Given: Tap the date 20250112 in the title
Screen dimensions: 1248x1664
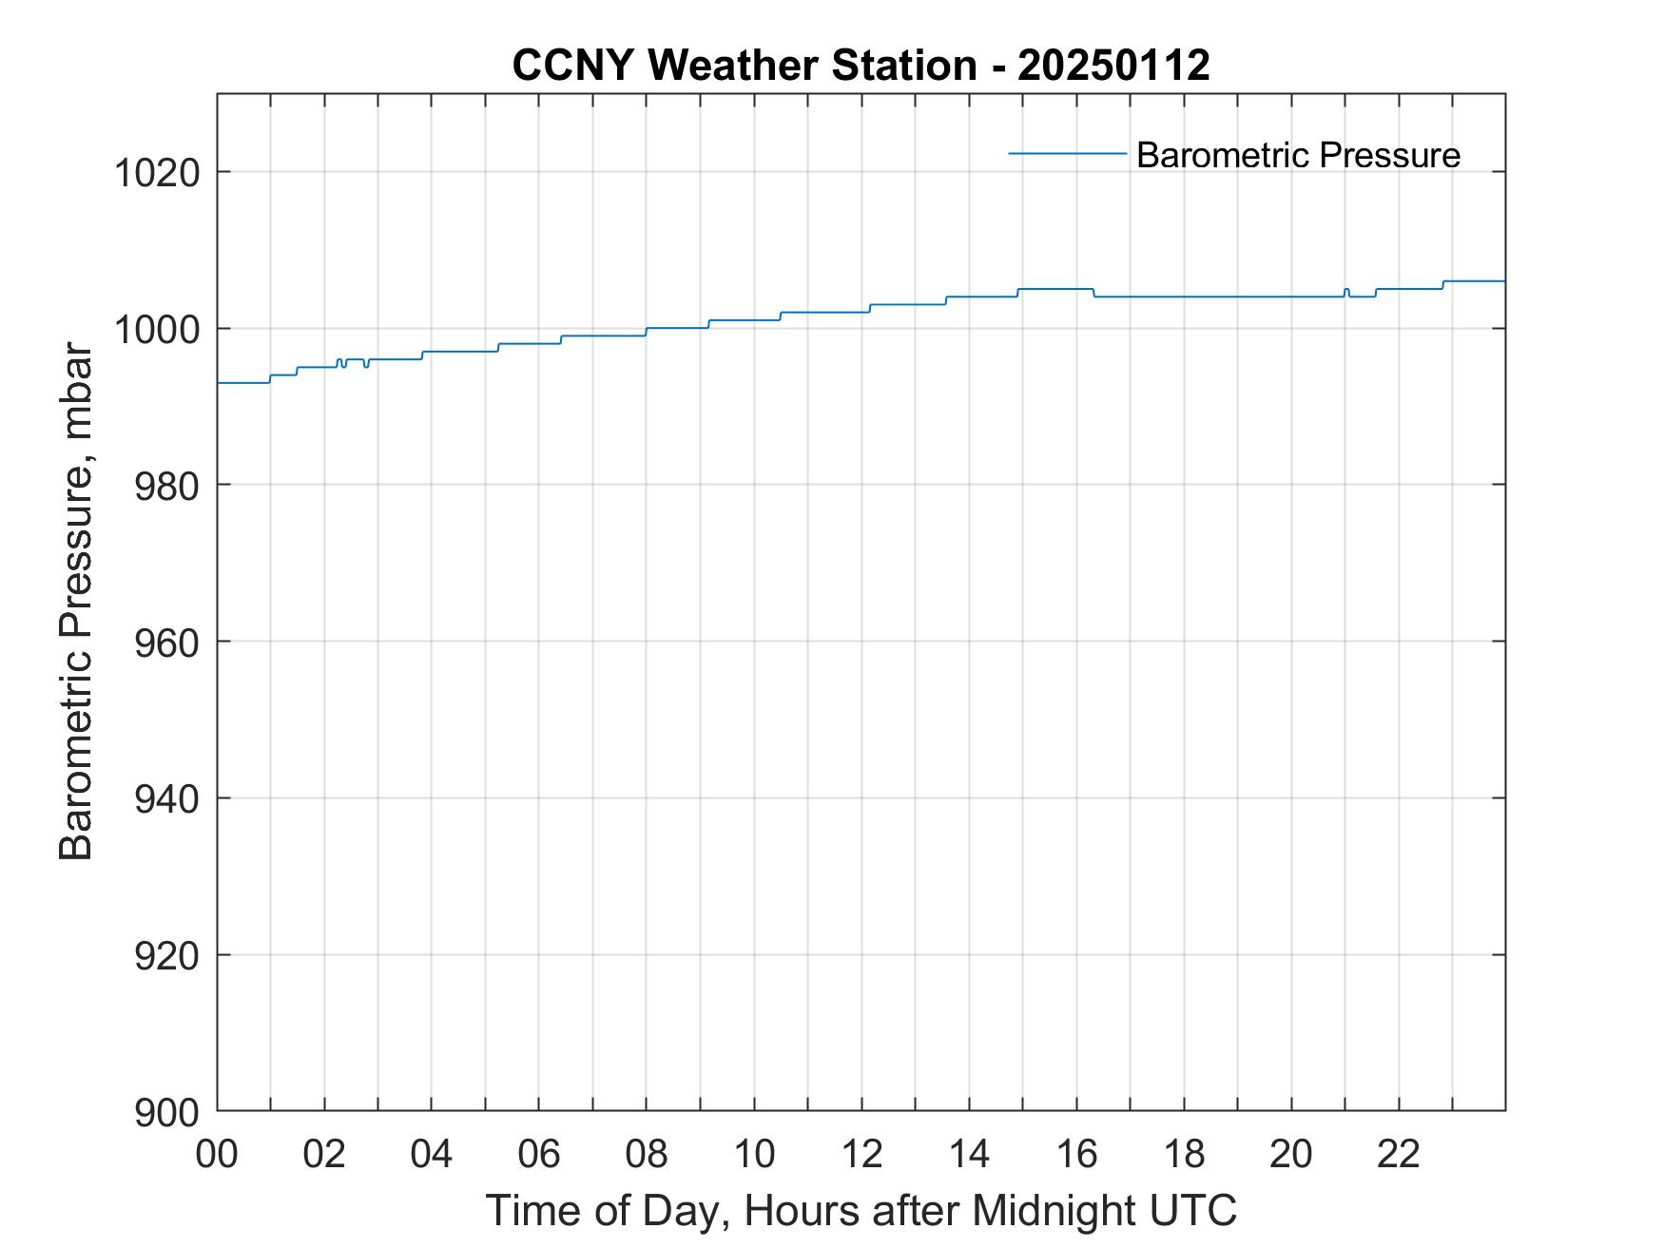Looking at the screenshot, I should pyautogui.click(x=1113, y=66).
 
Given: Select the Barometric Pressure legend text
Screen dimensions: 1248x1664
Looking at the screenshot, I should pyautogui.click(x=1298, y=155).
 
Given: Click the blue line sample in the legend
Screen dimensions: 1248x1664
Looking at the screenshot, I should pyautogui.click(x=1067, y=153).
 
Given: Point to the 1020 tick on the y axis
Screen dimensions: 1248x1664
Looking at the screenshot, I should pyautogui.click(x=157, y=174).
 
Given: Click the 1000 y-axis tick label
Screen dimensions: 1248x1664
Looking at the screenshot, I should pyautogui.click(x=157, y=330).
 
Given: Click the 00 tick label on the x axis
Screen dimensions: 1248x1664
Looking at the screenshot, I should pyautogui.click(x=218, y=1154).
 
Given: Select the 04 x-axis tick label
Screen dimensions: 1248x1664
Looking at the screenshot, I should pyautogui.click(x=432, y=1154).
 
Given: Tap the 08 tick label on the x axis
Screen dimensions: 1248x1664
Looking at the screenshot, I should pyautogui.click(x=647, y=1154).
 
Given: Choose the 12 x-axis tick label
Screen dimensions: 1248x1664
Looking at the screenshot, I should pyautogui.click(x=861, y=1154).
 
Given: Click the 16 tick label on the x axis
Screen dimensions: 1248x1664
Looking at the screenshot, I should pyautogui.click(x=1076, y=1154).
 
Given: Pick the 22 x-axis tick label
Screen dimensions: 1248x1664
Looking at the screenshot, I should pyautogui.click(x=1399, y=1154).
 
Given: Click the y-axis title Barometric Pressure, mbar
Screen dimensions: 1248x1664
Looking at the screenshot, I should pyautogui.click(x=76, y=603).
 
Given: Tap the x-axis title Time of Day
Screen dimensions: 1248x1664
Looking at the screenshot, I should pyautogui.click(x=861, y=1211).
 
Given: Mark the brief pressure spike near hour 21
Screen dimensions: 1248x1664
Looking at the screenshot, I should pyautogui.click(x=1346, y=290).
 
